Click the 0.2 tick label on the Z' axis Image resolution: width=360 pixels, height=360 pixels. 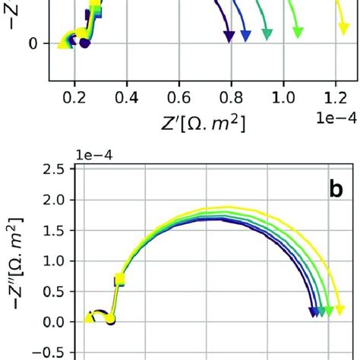click(74, 97)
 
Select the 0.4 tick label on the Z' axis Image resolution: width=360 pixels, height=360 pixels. click(127, 97)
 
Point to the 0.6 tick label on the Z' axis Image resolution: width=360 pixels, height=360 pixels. click(178, 97)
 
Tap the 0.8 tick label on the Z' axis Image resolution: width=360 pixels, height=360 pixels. click(231, 97)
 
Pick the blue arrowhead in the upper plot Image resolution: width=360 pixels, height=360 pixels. click(245, 35)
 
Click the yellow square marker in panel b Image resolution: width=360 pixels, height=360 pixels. click(118, 280)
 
